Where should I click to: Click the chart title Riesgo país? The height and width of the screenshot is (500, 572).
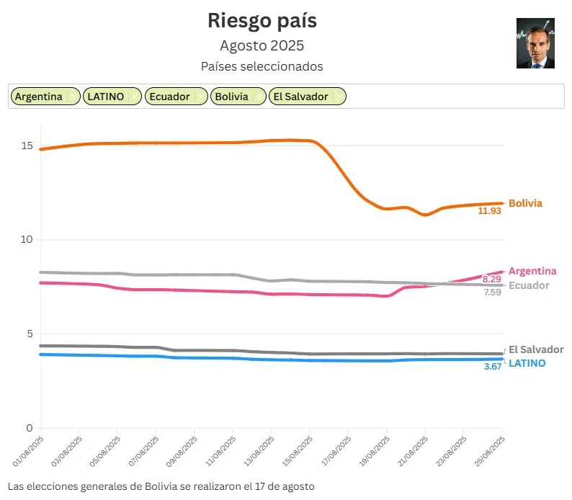262,20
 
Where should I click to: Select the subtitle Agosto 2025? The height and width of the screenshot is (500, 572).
262,45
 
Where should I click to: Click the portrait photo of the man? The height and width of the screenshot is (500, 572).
535,43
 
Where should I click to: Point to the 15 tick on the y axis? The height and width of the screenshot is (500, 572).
27,146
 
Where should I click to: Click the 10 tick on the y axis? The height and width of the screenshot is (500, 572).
27,240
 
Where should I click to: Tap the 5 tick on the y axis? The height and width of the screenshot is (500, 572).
30,334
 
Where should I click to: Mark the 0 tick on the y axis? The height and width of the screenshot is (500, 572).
30,428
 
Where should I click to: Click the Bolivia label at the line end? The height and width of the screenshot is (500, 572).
525,203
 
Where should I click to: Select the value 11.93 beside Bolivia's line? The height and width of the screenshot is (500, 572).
489,211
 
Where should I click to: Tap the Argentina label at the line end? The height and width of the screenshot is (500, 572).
532,271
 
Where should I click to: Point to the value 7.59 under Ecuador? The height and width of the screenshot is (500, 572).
493,293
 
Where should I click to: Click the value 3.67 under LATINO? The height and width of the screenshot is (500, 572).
492,367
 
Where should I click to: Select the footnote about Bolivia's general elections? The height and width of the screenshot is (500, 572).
161,486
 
